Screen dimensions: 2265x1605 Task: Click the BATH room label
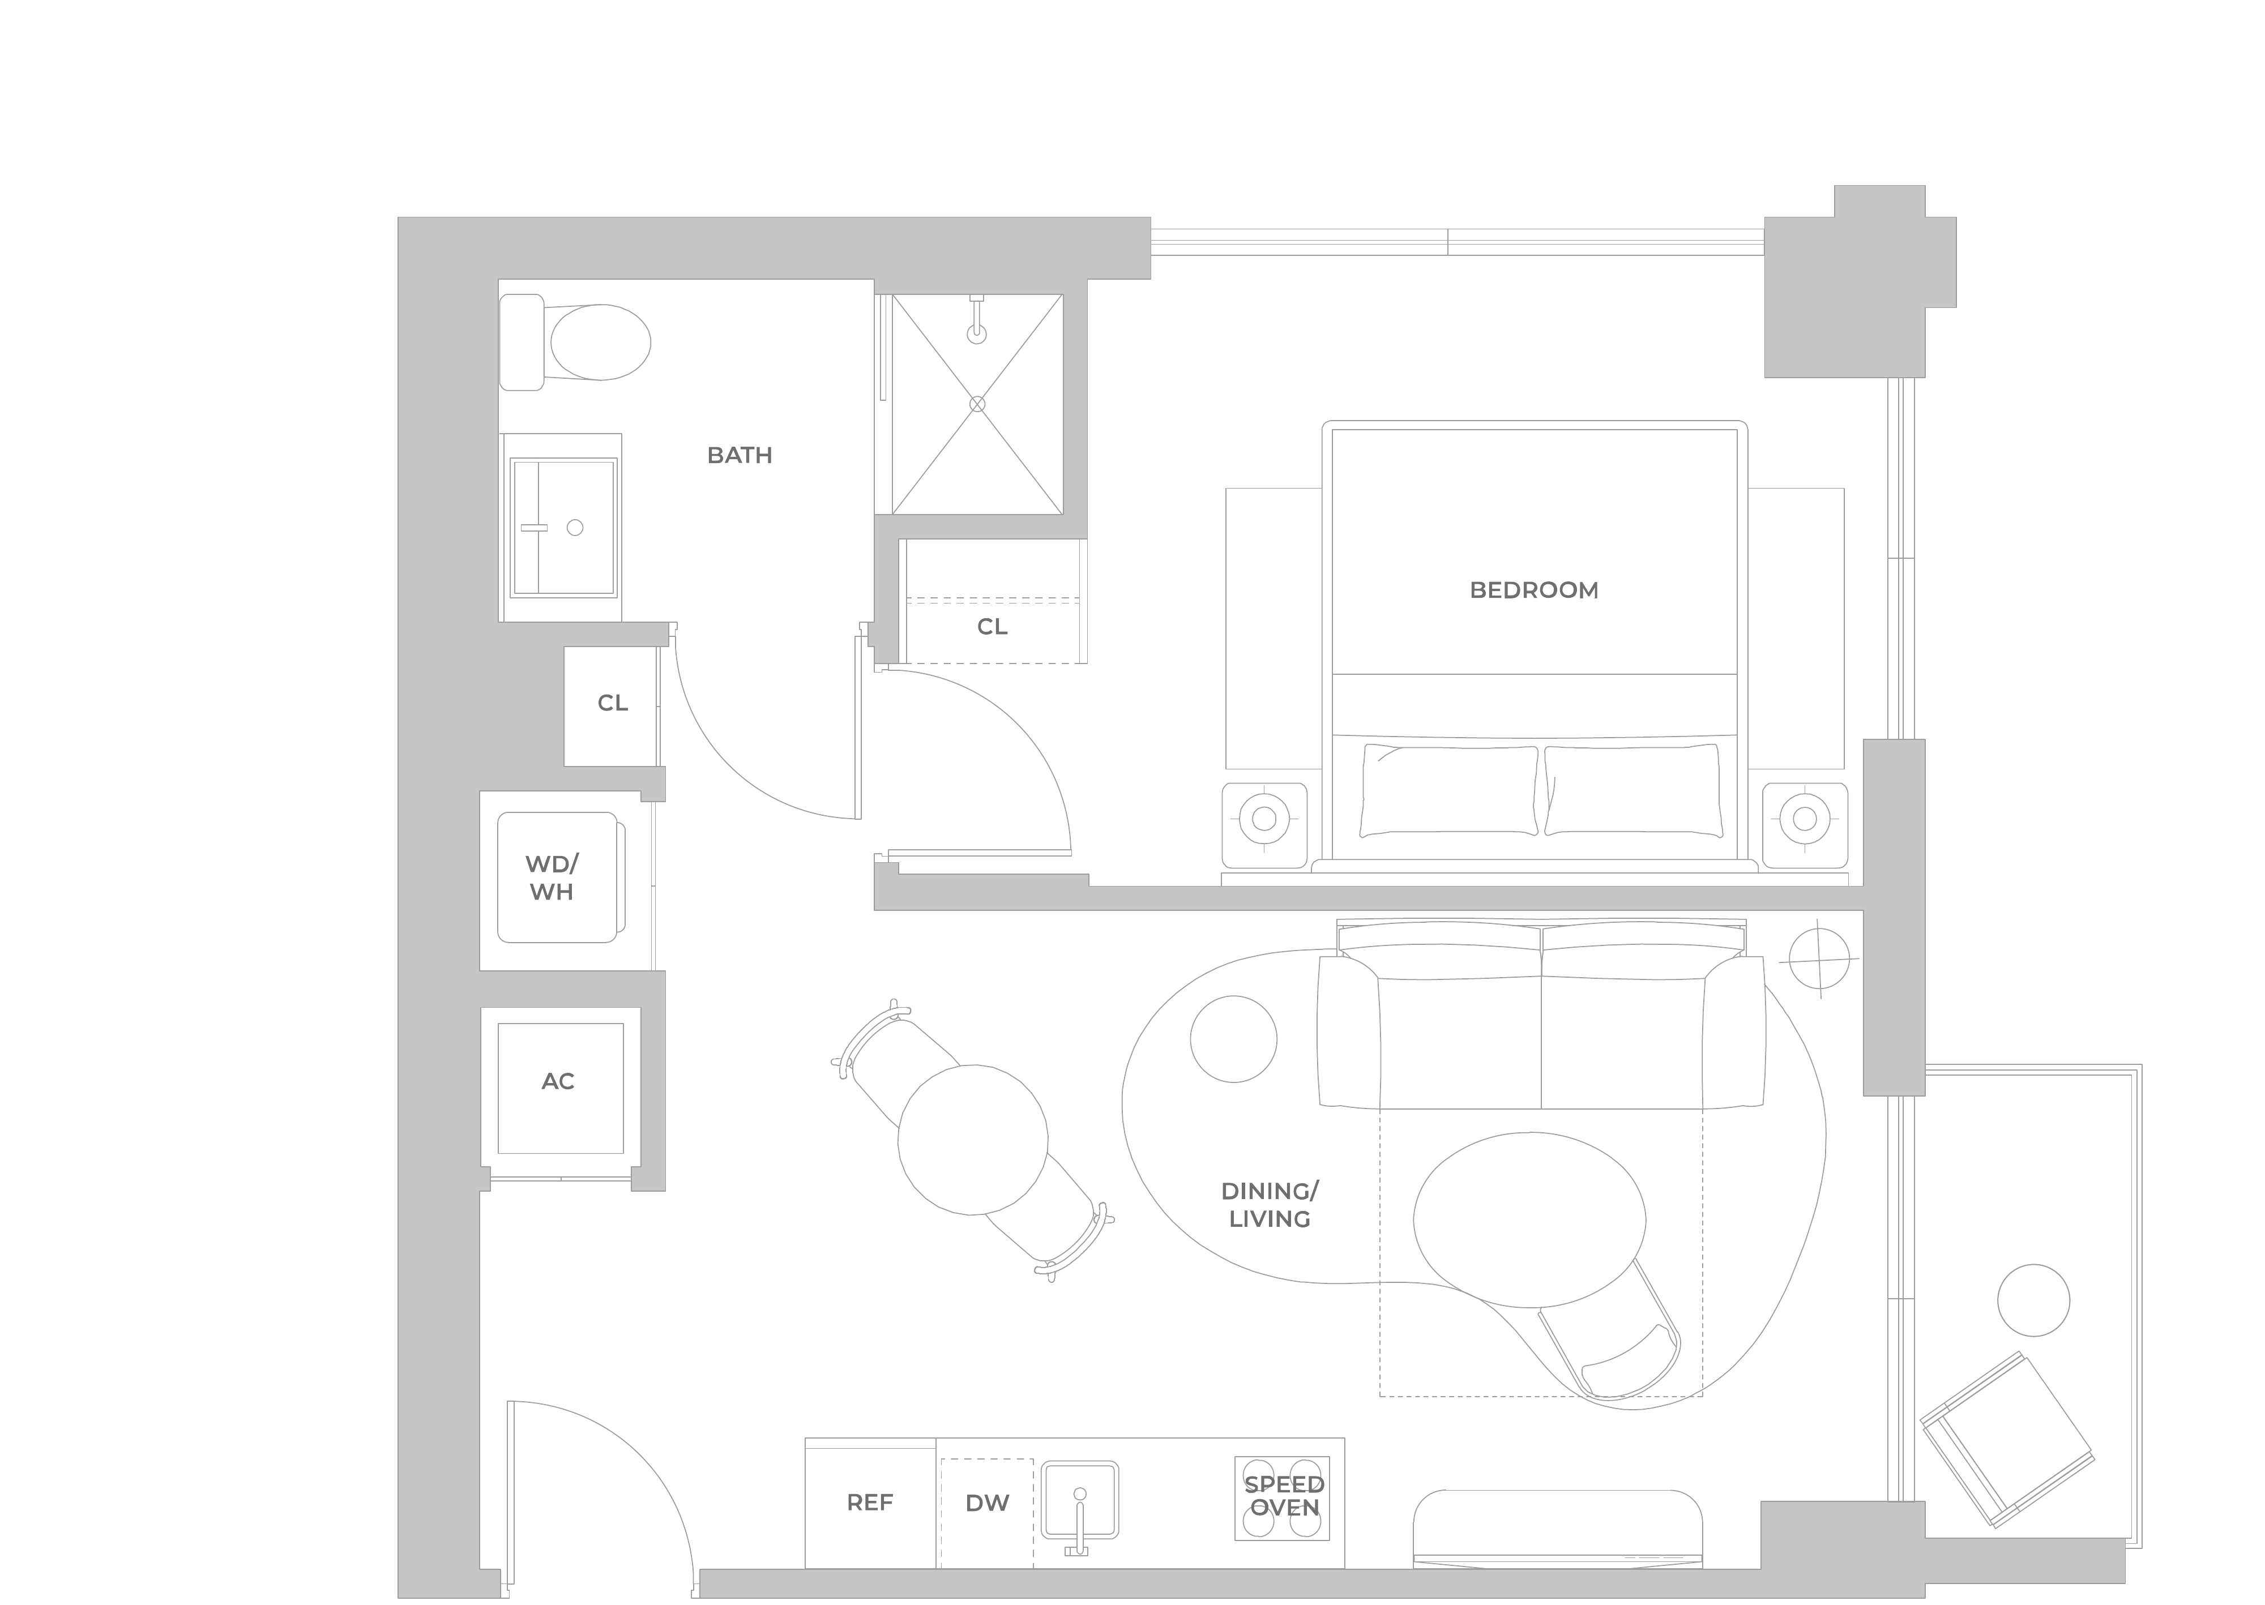click(739, 456)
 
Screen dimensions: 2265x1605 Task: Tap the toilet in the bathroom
click(575, 342)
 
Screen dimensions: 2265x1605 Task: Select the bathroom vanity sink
click(562, 528)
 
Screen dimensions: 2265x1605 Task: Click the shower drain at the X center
click(977, 404)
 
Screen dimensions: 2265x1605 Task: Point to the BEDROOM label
click(1534, 590)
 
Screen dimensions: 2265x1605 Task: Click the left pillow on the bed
click(1448, 791)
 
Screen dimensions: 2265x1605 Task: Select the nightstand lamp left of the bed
click(1264, 818)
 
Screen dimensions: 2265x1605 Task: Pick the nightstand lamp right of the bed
click(1805, 818)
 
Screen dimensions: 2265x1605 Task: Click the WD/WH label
click(552, 878)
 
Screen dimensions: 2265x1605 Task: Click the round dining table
click(972, 1140)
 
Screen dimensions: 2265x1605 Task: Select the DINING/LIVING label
click(1270, 1205)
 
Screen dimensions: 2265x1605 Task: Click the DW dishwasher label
click(987, 1503)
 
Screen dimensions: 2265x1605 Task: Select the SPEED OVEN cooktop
click(1282, 1498)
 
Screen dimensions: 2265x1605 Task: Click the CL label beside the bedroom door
click(992, 627)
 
